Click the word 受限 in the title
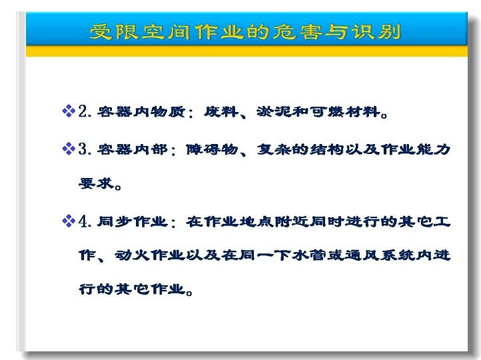(x=115, y=32)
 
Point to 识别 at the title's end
(x=376, y=32)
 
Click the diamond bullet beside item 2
(x=69, y=111)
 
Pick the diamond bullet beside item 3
(x=69, y=149)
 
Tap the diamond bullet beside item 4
(x=69, y=221)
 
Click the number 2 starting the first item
(x=83, y=111)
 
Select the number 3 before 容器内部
(x=83, y=149)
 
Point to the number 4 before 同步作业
(x=83, y=221)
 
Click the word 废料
(x=221, y=111)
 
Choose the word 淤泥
(x=274, y=111)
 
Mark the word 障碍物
(x=213, y=149)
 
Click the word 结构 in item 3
(x=327, y=149)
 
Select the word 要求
(x=97, y=183)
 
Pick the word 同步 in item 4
(x=115, y=221)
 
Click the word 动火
(x=132, y=255)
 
